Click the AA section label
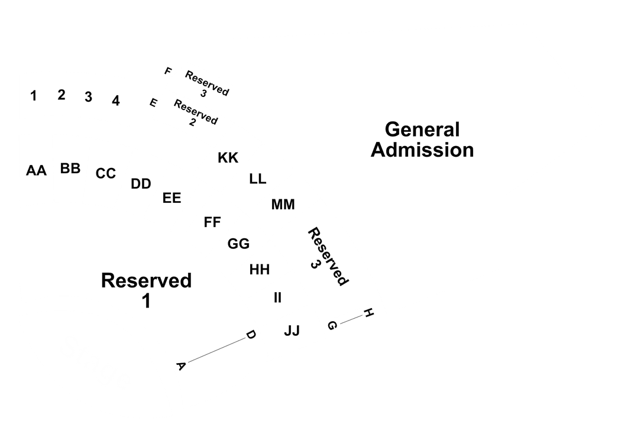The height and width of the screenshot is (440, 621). pos(36,171)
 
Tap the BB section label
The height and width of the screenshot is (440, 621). pos(70,169)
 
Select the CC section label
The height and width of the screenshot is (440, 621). pos(105,173)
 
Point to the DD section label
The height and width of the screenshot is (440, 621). pos(141,184)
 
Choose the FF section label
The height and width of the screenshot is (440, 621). pos(212,222)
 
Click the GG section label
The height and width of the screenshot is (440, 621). pos(238,244)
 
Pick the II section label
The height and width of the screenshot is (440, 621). pos(277,297)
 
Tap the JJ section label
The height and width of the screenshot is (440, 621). pos(292,331)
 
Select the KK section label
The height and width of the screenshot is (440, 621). pos(228,158)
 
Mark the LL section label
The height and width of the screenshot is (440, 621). pos(257,179)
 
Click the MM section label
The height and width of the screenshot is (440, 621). pos(283,205)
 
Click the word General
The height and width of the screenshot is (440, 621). pos(422,130)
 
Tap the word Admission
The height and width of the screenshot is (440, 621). pos(422,150)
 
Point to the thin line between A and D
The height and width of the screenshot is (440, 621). pos(216,350)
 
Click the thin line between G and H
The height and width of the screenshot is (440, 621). pos(351,319)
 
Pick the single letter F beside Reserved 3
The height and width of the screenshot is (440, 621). pos(168,72)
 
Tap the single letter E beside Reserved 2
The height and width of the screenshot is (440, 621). pos(153,102)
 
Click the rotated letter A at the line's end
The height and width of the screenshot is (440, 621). pos(180,366)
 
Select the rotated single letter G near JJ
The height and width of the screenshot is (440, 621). pos(332,325)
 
